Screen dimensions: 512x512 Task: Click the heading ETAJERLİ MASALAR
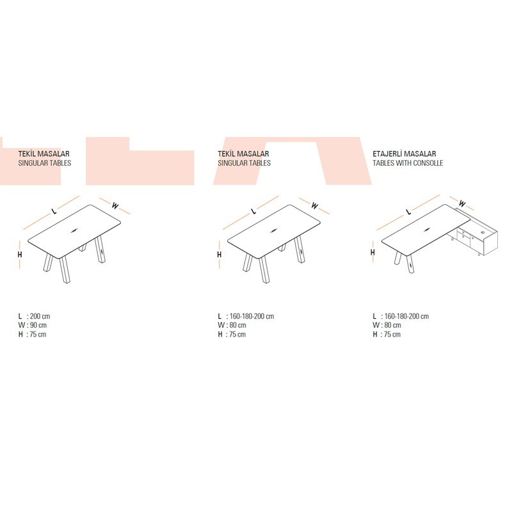click(404, 154)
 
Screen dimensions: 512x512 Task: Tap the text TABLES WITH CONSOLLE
click(408, 163)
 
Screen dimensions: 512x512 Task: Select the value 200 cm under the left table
click(40, 316)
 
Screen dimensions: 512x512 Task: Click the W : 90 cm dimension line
click(33, 325)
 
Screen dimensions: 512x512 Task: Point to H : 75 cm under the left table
click(32, 334)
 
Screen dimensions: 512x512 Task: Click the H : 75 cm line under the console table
click(387, 334)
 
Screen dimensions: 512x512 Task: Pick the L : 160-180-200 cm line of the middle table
click(246, 316)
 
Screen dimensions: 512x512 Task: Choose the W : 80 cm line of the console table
click(387, 325)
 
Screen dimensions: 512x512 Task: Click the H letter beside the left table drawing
click(20, 254)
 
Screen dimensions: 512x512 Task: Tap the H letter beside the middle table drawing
click(220, 254)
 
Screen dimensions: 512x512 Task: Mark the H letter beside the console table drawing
click(372, 252)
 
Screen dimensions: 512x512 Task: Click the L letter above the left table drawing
click(54, 211)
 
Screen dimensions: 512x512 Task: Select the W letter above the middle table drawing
click(314, 205)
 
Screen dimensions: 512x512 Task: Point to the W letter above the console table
click(461, 204)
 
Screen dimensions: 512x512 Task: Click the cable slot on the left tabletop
click(74, 230)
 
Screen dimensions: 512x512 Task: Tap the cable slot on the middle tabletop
click(274, 230)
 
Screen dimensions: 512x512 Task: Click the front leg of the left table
click(65, 269)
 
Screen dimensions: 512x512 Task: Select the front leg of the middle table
click(264, 269)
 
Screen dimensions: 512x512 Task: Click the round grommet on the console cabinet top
click(483, 232)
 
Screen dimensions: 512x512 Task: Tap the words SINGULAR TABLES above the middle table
click(244, 163)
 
